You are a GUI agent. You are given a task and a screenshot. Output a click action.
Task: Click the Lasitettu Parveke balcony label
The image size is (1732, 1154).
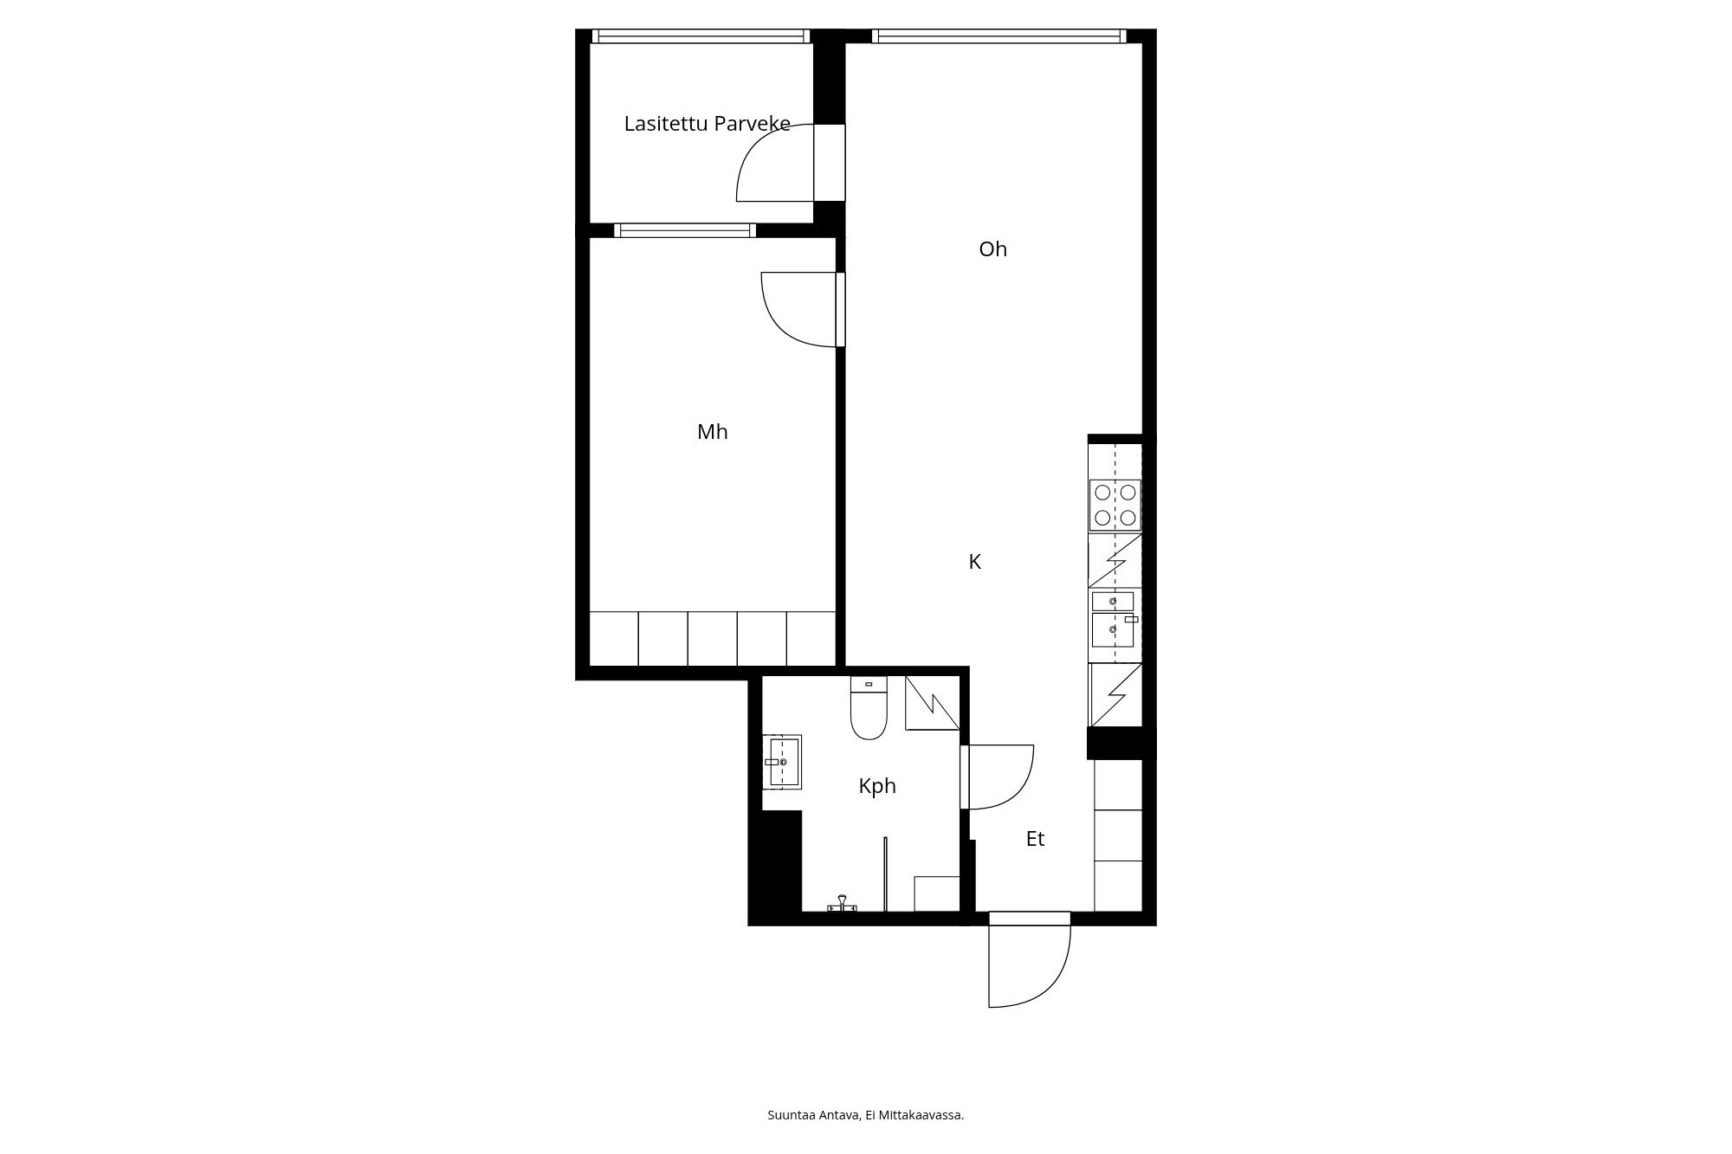point(707,124)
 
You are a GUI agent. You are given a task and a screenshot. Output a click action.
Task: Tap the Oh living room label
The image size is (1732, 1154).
point(992,249)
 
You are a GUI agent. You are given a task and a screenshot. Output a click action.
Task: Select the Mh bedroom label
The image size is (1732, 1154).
point(712,432)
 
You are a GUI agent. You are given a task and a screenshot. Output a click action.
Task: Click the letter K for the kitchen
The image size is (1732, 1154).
point(974,563)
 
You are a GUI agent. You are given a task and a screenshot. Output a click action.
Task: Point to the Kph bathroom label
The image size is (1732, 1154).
point(876,786)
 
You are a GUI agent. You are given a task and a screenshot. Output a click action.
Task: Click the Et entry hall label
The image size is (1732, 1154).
point(1035,839)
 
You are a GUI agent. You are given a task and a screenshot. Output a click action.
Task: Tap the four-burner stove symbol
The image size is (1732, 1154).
point(1115,505)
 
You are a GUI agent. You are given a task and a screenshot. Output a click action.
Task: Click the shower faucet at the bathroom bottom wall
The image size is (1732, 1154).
point(841,905)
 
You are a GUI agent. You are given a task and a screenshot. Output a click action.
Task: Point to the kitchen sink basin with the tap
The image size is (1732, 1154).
point(1113,629)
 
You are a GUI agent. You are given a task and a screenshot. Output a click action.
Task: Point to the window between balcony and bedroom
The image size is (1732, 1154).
point(684,230)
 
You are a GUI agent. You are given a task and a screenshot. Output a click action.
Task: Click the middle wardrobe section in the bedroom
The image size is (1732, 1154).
point(712,639)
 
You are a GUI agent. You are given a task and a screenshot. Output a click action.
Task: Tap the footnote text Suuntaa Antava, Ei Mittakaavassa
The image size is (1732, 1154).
point(865,1115)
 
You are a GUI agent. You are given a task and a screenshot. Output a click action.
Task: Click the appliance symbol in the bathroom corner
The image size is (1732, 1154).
point(932,702)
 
